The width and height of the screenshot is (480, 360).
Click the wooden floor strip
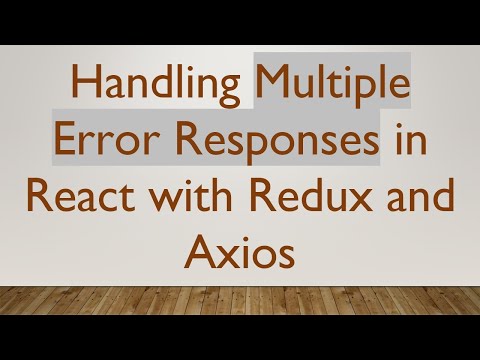pos(240,300)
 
